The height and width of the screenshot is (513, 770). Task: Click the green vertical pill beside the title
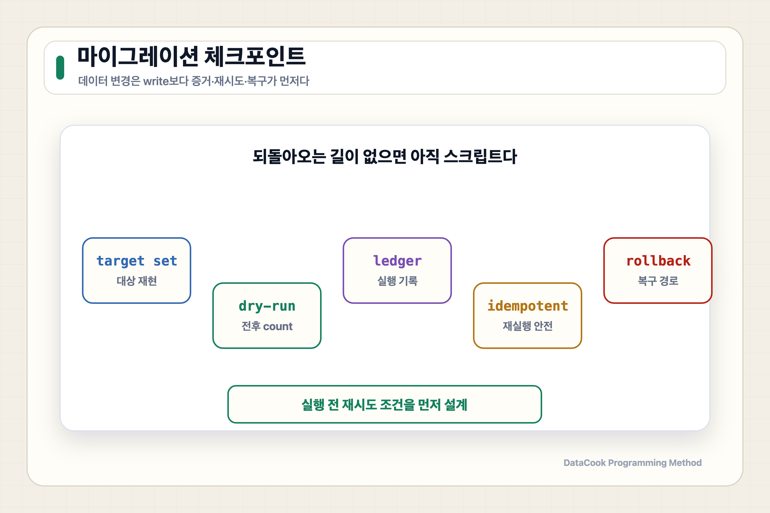(x=60, y=68)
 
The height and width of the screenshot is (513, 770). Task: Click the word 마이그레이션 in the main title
(x=138, y=56)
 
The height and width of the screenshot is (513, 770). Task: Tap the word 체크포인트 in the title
(x=255, y=56)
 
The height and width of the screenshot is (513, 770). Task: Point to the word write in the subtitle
(x=156, y=81)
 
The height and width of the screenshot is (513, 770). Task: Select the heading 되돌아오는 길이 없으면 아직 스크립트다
(x=385, y=156)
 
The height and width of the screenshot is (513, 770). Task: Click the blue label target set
(x=137, y=261)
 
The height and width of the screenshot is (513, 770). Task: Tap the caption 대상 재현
(x=137, y=281)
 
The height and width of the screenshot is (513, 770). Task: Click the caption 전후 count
(x=267, y=326)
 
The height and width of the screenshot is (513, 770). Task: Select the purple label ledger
(x=398, y=261)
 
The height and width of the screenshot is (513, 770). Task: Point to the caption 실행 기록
(x=398, y=281)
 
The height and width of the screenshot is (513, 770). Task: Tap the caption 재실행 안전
(x=528, y=326)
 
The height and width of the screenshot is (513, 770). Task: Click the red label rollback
(x=658, y=261)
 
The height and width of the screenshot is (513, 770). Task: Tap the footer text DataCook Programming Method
(x=632, y=463)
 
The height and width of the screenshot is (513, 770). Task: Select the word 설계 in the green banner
(x=456, y=405)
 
